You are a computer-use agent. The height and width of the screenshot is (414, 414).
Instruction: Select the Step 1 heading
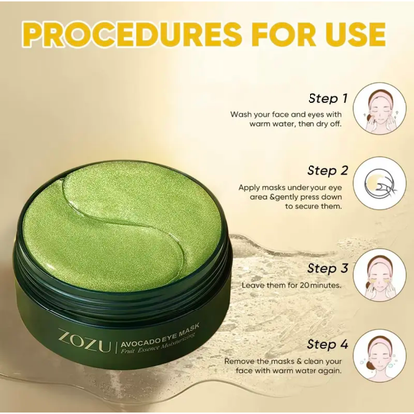(x=329, y=99)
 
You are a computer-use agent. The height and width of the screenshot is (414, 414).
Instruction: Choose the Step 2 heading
(x=329, y=170)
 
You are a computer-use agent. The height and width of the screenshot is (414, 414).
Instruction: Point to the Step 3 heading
(x=329, y=268)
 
